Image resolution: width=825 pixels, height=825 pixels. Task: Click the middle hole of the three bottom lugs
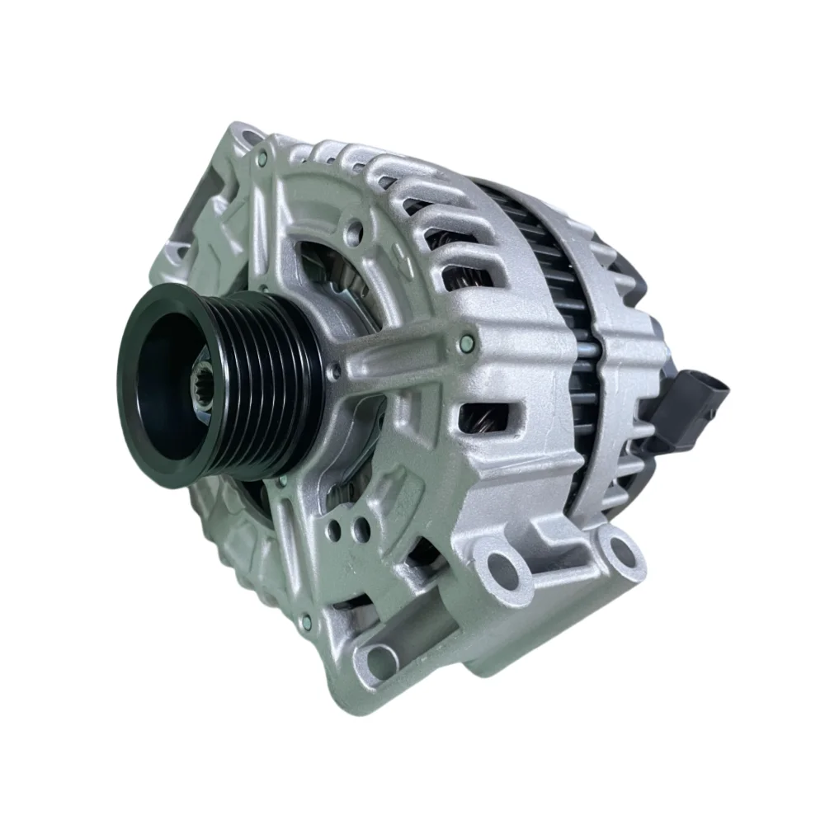pyautogui.click(x=503, y=565)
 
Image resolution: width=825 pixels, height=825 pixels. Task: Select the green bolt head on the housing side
pyautogui.click(x=469, y=341)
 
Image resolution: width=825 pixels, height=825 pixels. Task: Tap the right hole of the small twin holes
pyautogui.click(x=361, y=526)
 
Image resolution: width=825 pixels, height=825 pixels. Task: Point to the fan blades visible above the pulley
pyautogui.click(x=330, y=272)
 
